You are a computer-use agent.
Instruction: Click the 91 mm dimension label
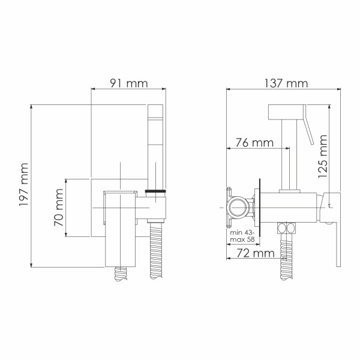coord(128,84)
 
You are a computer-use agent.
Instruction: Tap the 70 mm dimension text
coord(59,207)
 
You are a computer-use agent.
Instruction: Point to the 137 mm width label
coord(283,84)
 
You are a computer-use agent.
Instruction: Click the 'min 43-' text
coord(242,232)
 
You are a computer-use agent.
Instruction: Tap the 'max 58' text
coord(242,241)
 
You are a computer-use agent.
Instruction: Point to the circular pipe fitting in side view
coord(237,207)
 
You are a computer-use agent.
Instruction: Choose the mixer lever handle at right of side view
coord(334,228)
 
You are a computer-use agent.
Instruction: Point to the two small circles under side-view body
coord(288,227)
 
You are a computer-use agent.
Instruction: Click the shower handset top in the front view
coord(155,120)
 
